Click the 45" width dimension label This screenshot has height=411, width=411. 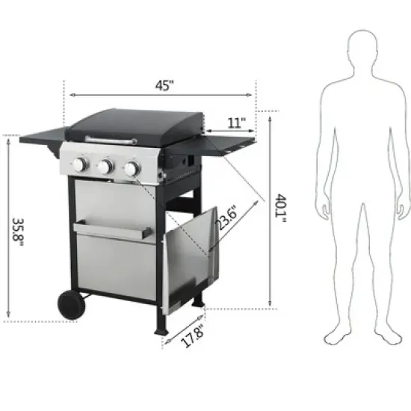tap(163, 84)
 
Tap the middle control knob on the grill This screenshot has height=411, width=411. tap(107, 167)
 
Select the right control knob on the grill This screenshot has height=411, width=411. tap(132, 170)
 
